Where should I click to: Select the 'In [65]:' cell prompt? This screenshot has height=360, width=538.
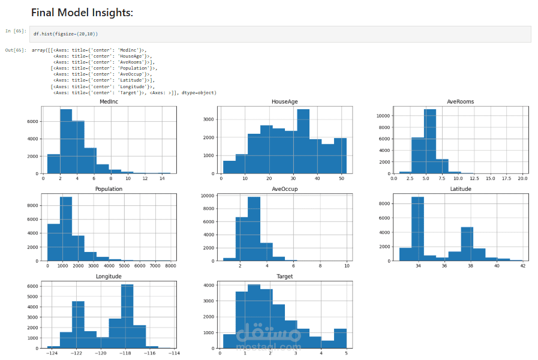tap(16, 31)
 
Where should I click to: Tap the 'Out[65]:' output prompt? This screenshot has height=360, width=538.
tap(16, 50)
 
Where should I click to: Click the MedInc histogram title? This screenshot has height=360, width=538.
tap(109, 102)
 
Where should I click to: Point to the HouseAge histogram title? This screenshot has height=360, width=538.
tap(284, 102)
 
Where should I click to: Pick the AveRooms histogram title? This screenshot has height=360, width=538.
tap(460, 102)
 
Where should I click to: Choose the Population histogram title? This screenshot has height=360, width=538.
tap(109, 189)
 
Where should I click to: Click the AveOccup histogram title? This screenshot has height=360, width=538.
tap(284, 189)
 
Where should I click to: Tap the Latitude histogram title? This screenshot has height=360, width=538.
tap(460, 189)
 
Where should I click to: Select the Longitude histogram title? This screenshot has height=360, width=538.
tap(109, 277)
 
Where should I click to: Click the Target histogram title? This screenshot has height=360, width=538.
tap(284, 277)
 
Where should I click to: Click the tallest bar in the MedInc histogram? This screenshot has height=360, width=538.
tap(66, 142)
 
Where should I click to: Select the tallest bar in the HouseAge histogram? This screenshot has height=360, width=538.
tap(303, 142)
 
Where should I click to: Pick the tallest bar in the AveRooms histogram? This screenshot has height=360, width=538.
tap(429, 142)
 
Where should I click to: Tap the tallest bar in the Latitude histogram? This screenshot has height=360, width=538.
tap(418, 229)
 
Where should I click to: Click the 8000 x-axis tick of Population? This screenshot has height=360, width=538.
tap(170, 266)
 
